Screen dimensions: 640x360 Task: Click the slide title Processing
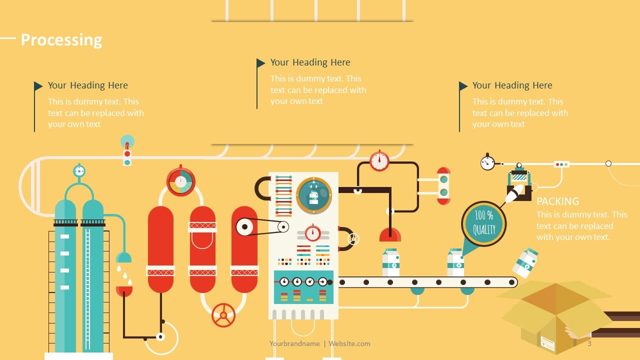coord(61,40)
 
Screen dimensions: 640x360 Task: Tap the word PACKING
coord(557,201)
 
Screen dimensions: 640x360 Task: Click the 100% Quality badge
coord(483,223)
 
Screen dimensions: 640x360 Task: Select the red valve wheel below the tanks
coord(223,315)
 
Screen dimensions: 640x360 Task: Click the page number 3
coord(589,343)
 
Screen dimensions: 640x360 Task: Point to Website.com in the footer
coord(349,343)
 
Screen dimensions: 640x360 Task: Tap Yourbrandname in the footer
coord(294,343)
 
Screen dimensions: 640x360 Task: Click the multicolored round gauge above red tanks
coord(180,181)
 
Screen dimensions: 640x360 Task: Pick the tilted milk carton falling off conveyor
coord(525,263)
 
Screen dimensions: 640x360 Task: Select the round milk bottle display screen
coord(313,195)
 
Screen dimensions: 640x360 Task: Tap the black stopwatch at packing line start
coord(487,162)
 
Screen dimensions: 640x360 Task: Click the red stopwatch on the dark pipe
coord(379,161)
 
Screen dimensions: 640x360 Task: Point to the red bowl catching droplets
coord(124,291)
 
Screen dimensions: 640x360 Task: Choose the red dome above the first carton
coord(390,234)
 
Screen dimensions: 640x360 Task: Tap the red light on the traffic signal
coord(127,153)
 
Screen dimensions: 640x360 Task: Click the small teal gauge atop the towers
coord(79,171)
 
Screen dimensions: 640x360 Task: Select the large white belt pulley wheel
coord(245,227)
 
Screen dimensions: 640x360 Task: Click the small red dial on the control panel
coord(313,233)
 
